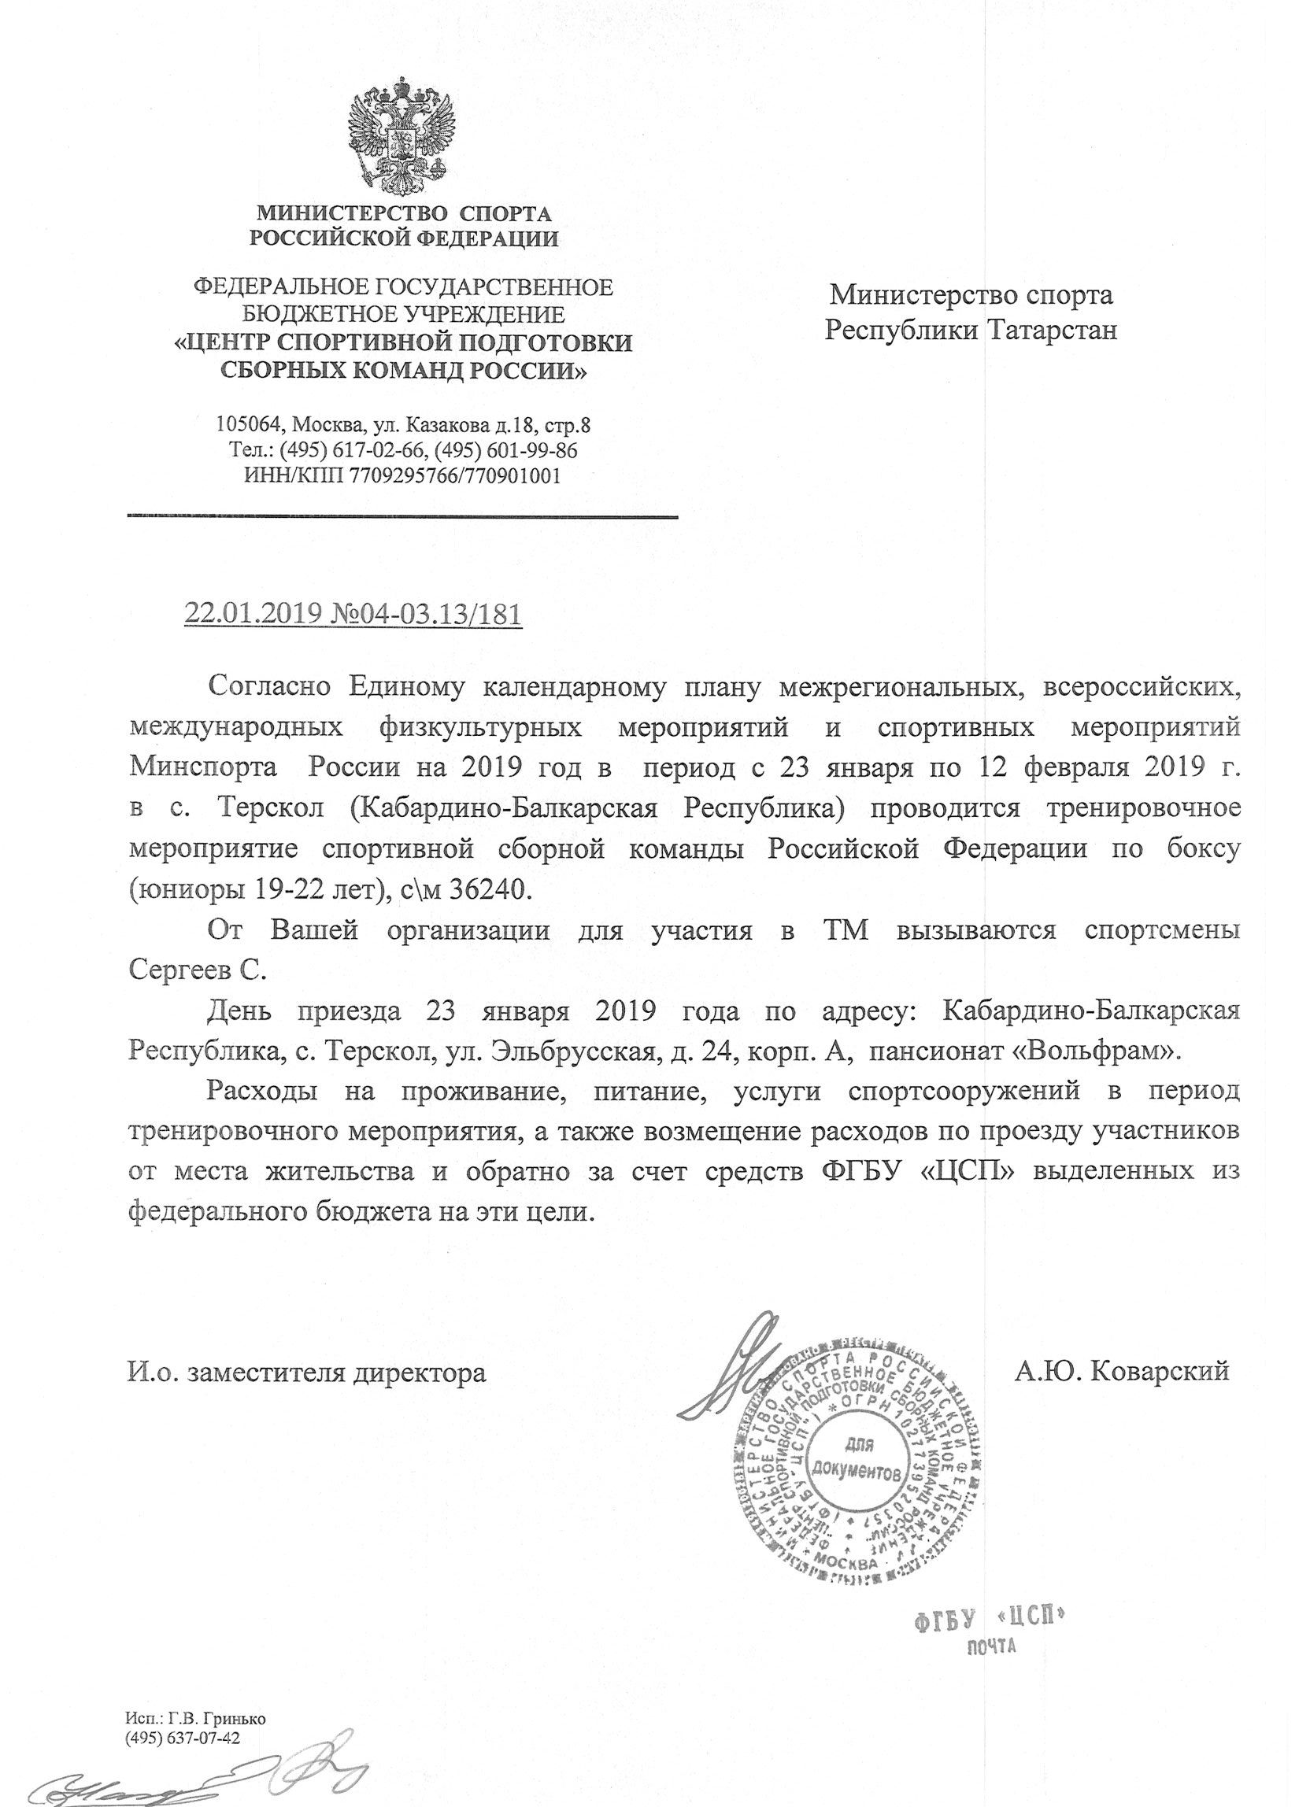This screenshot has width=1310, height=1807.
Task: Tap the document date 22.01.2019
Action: [253, 614]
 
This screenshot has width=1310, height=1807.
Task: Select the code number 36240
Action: [490, 890]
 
